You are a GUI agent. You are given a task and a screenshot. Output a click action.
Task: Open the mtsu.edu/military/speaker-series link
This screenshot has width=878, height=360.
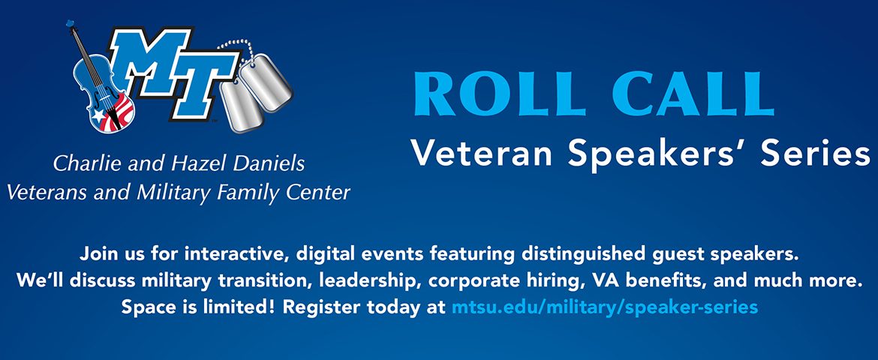605,307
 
